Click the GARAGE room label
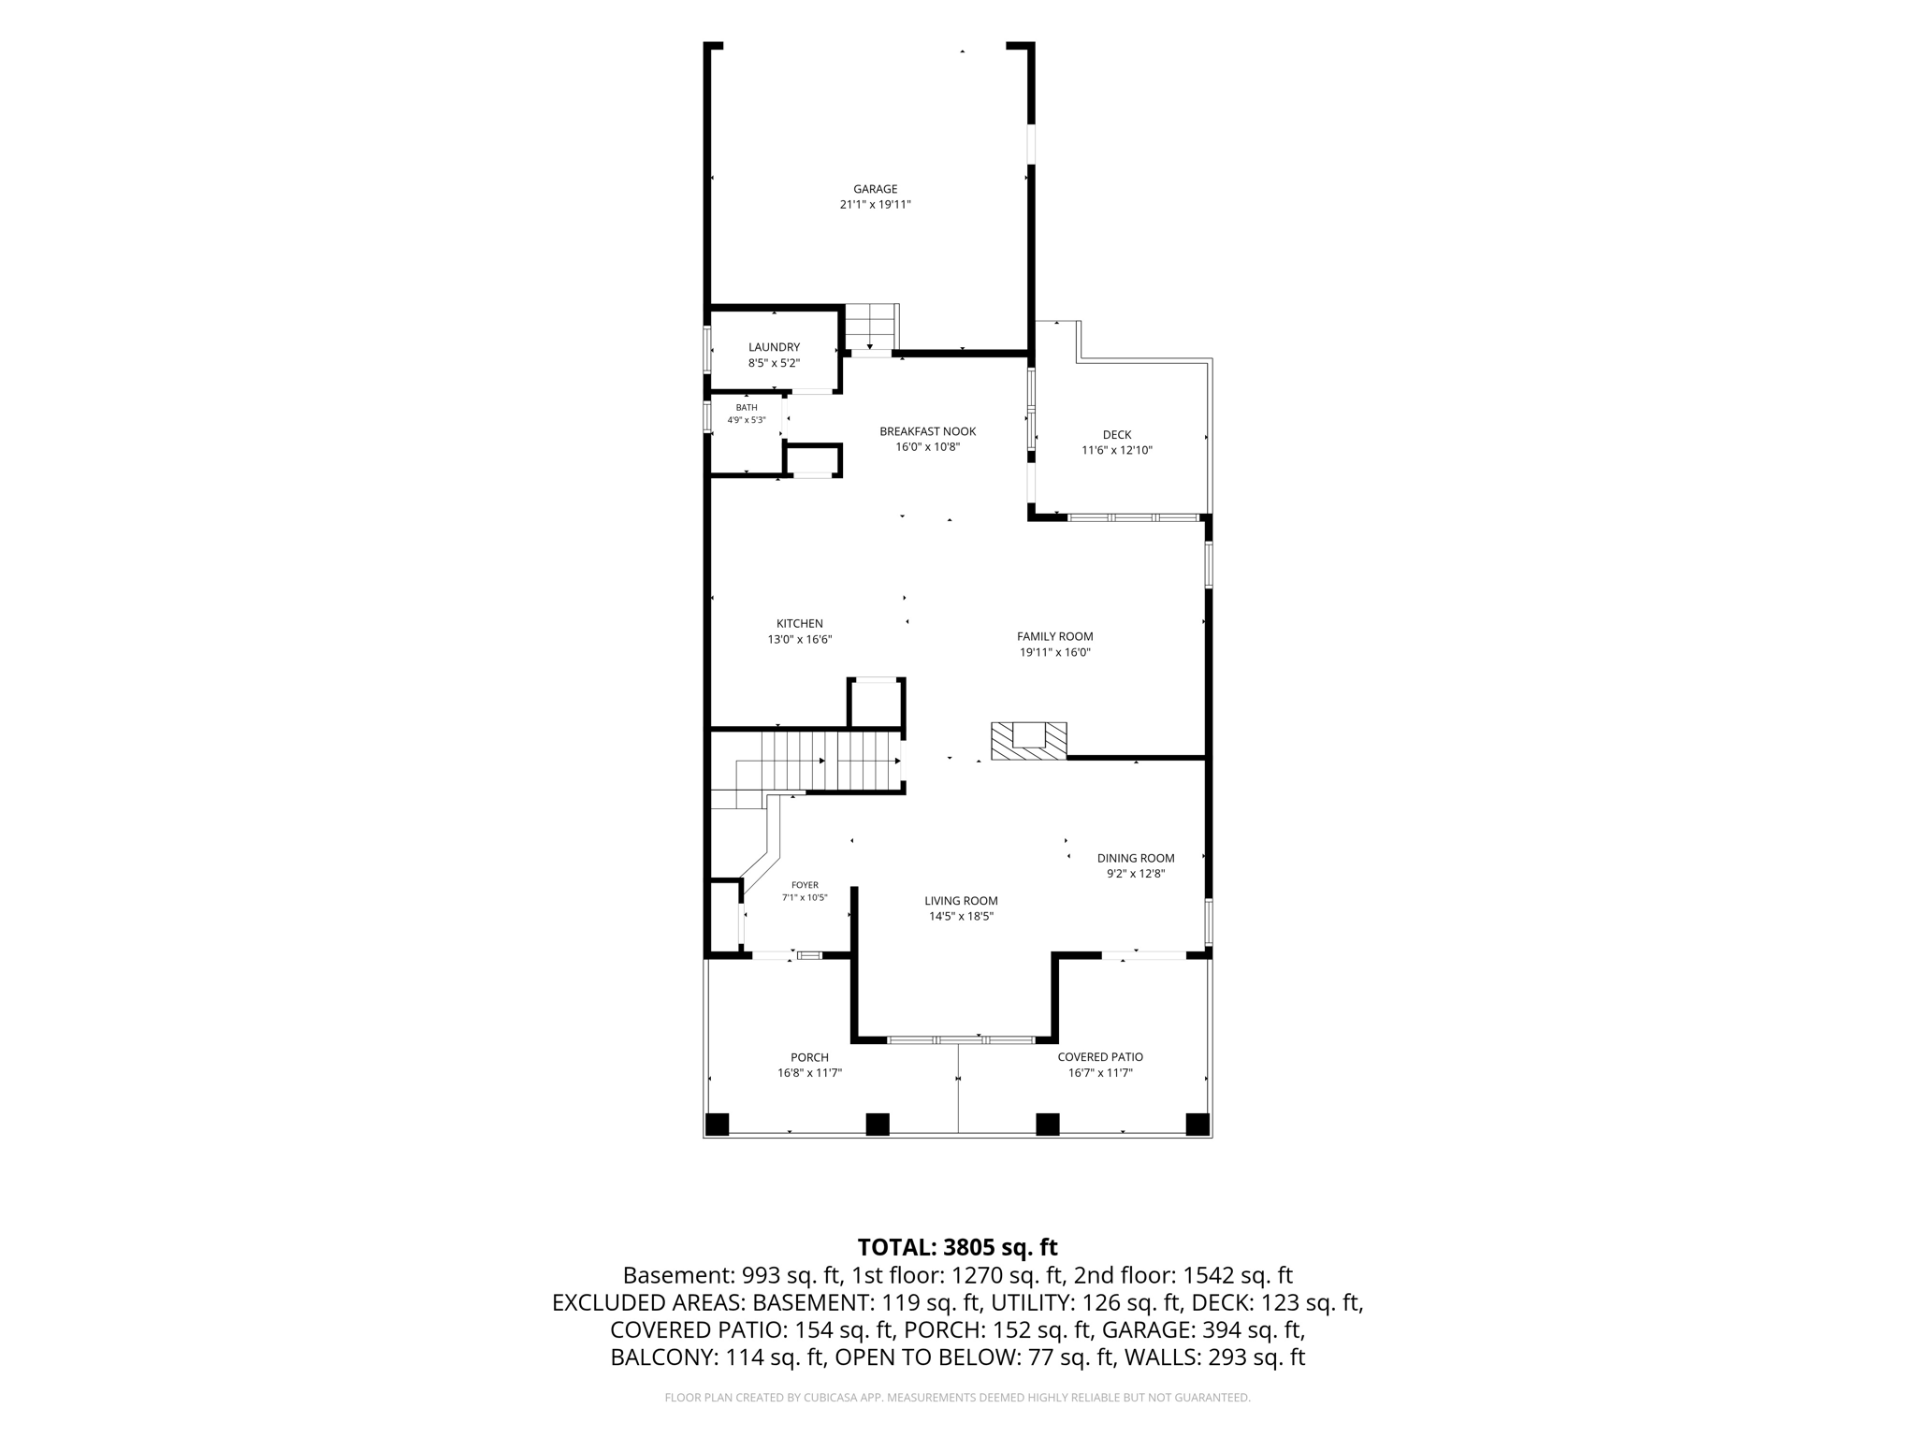click(875, 189)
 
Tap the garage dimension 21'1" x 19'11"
click(875, 205)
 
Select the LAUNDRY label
click(774, 347)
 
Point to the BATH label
click(747, 408)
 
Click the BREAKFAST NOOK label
click(927, 431)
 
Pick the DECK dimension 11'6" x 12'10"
click(1117, 450)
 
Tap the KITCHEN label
click(800, 624)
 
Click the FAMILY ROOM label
click(1055, 636)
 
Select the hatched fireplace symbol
click(1029, 741)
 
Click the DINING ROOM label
click(1136, 858)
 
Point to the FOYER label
click(805, 885)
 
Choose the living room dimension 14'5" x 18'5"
click(961, 917)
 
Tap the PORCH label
click(809, 1057)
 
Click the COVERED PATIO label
click(1100, 1057)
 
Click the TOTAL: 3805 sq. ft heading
click(957, 1247)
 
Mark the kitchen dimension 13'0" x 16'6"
click(800, 640)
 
